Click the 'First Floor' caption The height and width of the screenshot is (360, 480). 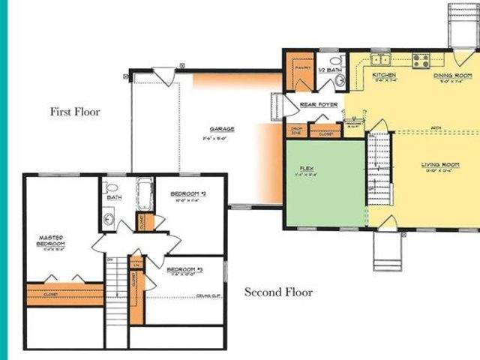coord(75,112)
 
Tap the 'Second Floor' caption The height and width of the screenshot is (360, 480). coord(278,292)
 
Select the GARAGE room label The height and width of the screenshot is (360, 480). coord(222,129)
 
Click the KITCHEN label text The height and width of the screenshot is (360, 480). coord(384,76)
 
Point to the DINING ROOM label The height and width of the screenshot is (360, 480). coord(452,76)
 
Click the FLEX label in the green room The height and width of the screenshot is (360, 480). coord(306,168)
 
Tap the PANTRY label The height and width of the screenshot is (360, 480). coord(302,67)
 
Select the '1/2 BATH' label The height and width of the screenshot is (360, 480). coord(331,70)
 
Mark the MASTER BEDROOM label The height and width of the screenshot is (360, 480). coord(51,241)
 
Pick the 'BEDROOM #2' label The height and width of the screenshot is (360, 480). coord(187,193)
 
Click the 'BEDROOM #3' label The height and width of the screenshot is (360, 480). coord(184,269)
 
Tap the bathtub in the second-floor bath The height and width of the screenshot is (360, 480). coord(144,193)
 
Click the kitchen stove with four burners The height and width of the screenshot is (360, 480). coord(420,61)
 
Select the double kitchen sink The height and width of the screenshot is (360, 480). coord(380,59)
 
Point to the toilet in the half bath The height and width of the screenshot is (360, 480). coord(336,60)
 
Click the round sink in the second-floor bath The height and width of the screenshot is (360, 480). coord(109,220)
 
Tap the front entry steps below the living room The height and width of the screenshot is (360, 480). coord(387,251)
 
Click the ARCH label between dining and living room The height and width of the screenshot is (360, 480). coord(436,128)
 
